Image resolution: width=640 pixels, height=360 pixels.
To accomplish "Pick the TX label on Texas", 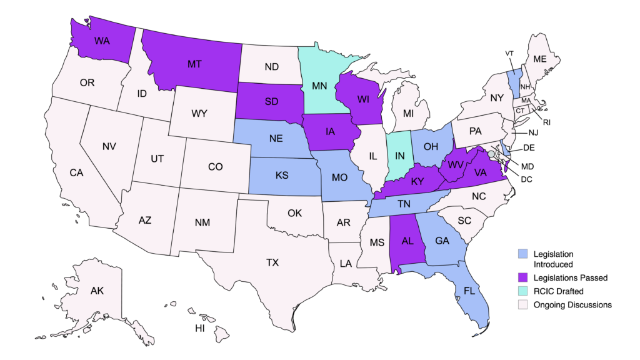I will pos(272,262).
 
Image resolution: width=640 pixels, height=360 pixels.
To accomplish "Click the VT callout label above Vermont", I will pos(509,54).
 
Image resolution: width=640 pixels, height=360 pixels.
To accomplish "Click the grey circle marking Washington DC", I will pos(492,153).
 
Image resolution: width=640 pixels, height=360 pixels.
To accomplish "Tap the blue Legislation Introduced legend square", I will pos(523,254).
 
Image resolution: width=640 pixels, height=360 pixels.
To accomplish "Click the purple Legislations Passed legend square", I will pos(523,277).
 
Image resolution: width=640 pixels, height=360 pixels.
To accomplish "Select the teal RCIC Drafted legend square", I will pos(523,291).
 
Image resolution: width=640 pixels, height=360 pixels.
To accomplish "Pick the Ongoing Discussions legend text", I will pos(572,305).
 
